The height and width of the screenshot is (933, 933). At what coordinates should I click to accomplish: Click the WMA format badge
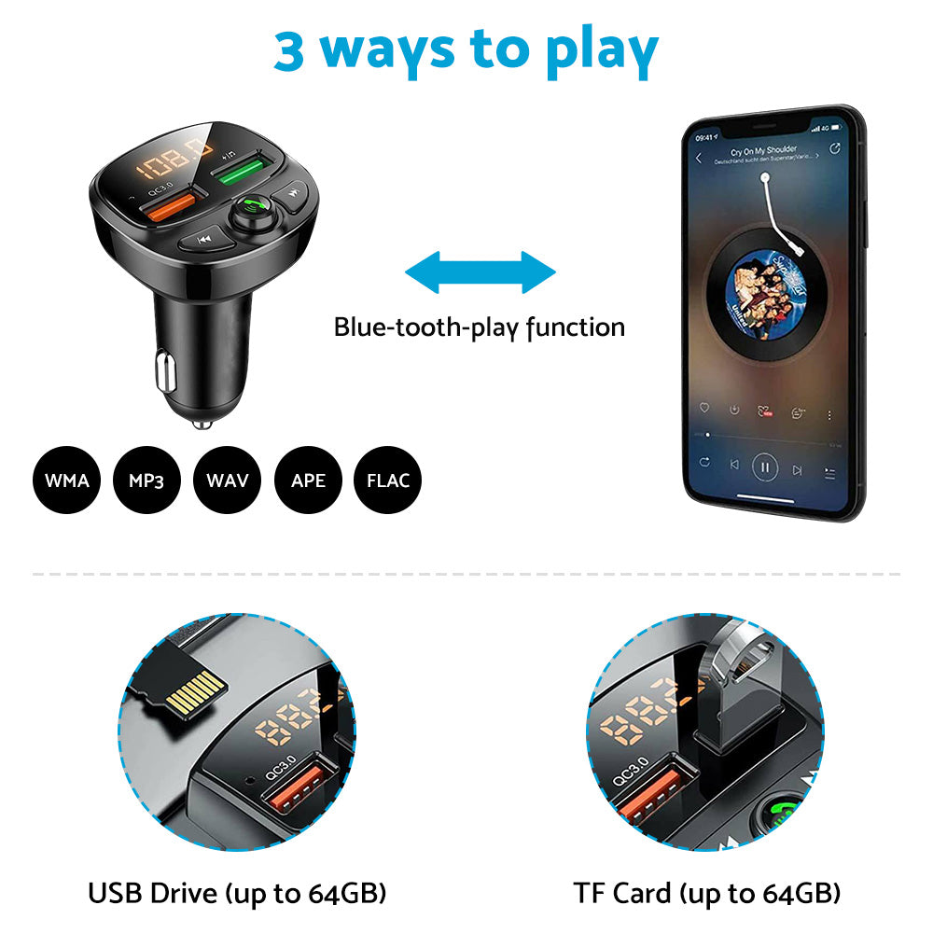pyautogui.click(x=67, y=480)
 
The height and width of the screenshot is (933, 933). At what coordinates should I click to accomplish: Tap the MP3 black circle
pyautogui.click(x=146, y=480)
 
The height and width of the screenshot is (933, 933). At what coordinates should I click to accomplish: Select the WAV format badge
pyautogui.click(x=227, y=480)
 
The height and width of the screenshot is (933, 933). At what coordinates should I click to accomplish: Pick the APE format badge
pyautogui.click(x=308, y=480)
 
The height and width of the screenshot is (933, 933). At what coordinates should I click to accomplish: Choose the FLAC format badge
pyautogui.click(x=388, y=480)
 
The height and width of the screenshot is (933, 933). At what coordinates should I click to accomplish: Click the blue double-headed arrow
pyautogui.click(x=480, y=272)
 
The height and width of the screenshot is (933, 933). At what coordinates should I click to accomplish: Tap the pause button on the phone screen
pyautogui.click(x=765, y=465)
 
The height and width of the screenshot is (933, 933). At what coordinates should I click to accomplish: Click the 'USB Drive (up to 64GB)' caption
pyautogui.click(x=237, y=893)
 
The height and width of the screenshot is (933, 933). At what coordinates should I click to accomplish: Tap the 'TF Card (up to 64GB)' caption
pyautogui.click(x=706, y=893)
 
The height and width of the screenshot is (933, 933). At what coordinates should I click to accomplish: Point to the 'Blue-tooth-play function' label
pyautogui.click(x=480, y=327)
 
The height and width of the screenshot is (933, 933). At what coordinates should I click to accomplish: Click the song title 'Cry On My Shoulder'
pyautogui.click(x=763, y=151)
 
